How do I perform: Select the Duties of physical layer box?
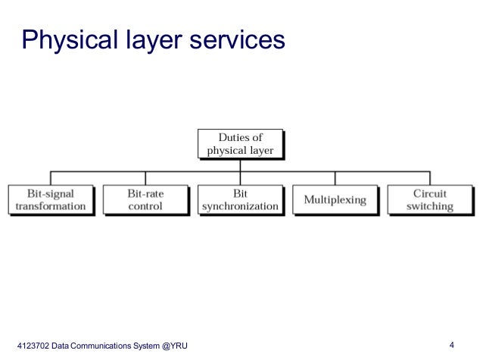240,144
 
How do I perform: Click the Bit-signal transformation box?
51,200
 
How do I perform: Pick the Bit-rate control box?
145,200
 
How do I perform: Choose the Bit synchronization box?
240,200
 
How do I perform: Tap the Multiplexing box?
335,200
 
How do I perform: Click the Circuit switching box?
429,200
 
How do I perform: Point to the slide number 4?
451,346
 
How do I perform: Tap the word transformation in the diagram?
51,206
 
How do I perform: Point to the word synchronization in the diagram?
240,206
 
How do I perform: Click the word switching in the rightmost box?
429,206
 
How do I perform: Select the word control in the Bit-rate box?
145,206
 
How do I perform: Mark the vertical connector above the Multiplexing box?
335,177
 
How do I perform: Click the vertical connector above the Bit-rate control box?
145,177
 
